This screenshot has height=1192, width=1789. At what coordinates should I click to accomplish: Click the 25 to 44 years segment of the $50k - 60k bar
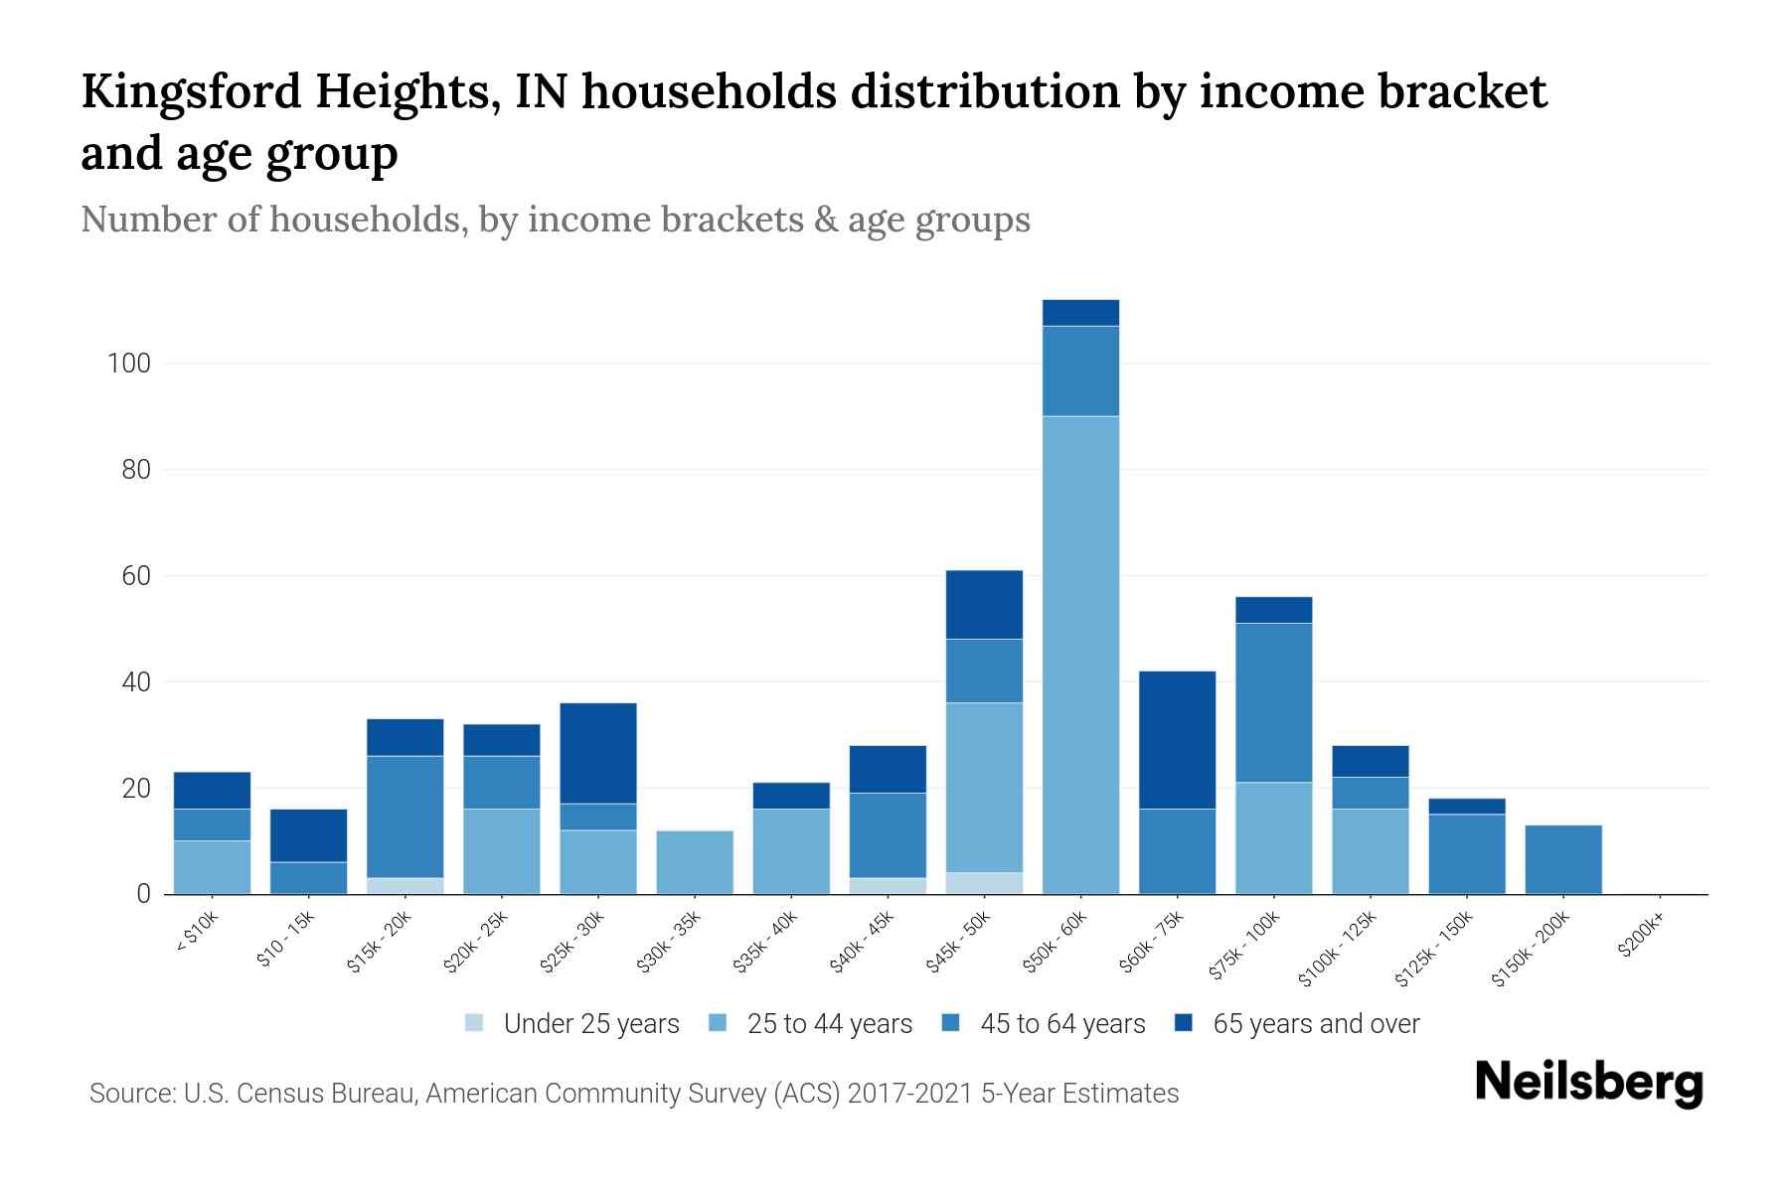tap(1080, 656)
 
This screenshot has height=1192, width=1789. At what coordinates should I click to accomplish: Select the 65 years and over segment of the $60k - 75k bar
tap(1177, 740)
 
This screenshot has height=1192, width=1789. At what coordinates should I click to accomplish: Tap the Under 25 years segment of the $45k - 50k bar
tap(984, 883)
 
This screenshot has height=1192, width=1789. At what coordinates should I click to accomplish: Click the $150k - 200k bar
tap(1563, 860)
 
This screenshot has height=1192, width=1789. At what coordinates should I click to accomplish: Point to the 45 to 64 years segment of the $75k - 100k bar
tap(1273, 702)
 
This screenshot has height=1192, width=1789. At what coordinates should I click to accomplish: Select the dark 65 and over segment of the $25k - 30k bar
tap(598, 753)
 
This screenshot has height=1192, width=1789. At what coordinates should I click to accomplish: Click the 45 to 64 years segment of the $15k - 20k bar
tap(406, 817)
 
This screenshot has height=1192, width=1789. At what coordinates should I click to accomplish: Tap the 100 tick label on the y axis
tap(129, 364)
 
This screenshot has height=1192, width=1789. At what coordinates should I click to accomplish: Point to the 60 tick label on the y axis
tap(136, 576)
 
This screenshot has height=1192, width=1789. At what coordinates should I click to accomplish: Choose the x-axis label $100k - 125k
tap(1338, 949)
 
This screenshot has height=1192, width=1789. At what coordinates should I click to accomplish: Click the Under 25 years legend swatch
tap(475, 1023)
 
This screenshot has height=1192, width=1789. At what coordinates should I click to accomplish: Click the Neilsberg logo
tap(1588, 1082)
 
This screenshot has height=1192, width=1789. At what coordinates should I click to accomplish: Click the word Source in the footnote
tap(129, 1094)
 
